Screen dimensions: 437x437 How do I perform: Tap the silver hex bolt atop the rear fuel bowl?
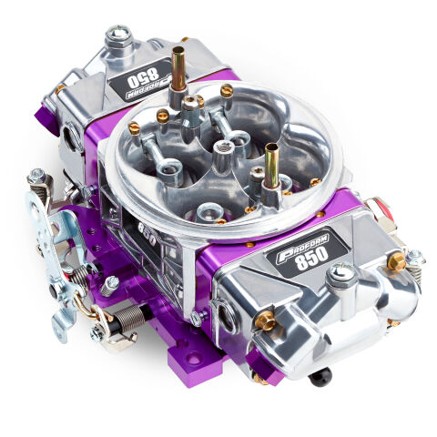pyautogui.click(x=117, y=37)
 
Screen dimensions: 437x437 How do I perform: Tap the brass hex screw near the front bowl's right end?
pyautogui.click(x=396, y=262)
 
